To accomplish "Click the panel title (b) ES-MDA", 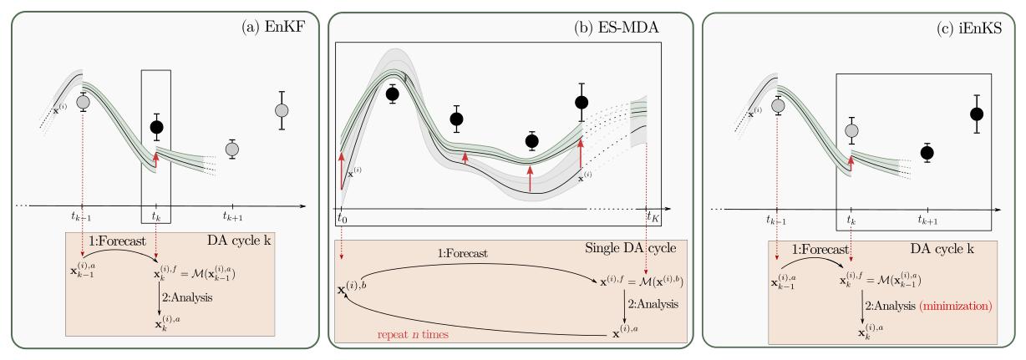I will pos(617,27).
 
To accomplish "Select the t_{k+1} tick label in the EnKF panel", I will pos(232,218).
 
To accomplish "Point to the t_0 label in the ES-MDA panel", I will pos(342,218).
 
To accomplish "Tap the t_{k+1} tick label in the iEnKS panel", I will pos(927,220).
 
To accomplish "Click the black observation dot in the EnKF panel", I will pos(156,127).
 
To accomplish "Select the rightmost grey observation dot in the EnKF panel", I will pos(282,110).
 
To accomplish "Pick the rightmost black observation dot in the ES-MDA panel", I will pos(582,102).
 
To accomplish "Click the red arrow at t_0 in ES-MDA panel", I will pos(342,174).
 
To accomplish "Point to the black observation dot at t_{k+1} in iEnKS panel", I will pos(927,152).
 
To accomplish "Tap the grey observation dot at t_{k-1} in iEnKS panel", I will pos(778,104).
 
